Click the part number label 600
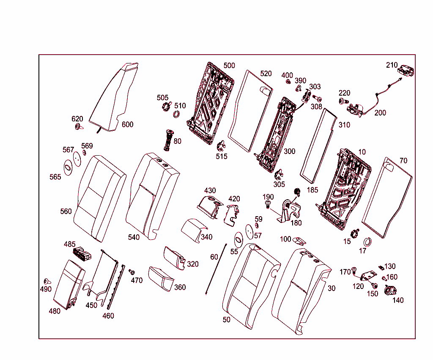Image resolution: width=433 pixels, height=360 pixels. (x=127, y=124)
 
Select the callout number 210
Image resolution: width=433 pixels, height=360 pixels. (x=392, y=65)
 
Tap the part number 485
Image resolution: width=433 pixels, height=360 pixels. (x=70, y=244)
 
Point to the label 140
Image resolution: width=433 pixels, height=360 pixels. (x=398, y=300)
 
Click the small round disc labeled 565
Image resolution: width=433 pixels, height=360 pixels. (x=68, y=167)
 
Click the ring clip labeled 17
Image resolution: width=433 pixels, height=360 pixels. (x=367, y=242)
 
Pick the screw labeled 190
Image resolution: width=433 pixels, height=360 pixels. (x=267, y=205)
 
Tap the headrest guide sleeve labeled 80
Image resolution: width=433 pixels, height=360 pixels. (x=169, y=140)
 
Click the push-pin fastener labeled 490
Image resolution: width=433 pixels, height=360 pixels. (x=46, y=281)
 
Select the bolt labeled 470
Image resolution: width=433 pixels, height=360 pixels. (x=132, y=272)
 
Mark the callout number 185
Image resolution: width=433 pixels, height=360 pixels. (x=312, y=190)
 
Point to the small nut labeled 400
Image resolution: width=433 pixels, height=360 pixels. (x=288, y=81)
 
